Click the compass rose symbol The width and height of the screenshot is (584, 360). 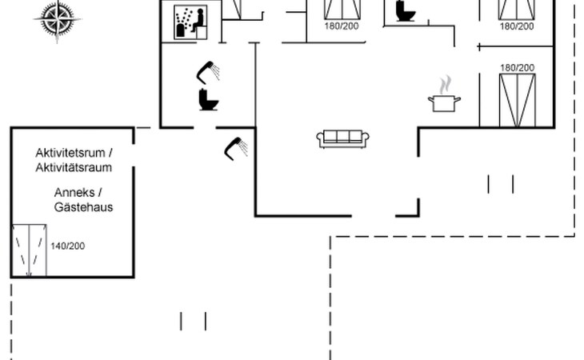(57, 18)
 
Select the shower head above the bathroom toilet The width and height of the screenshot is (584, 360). (209, 72)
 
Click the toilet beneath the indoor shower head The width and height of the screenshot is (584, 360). (209, 100)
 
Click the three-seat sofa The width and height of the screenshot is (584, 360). (343, 138)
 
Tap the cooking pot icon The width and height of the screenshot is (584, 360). (444, 102)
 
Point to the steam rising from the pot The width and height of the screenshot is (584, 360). (445, 84)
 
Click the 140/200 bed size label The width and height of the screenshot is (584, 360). (67, 246)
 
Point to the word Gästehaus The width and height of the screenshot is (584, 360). (84, 206)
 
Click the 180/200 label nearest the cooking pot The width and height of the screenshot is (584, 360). (517, 68)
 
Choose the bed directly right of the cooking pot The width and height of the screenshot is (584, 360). (516, 100)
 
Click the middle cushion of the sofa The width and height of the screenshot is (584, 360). (343, 137)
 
